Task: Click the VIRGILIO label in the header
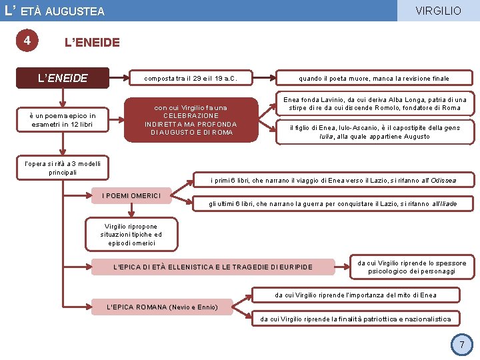437,11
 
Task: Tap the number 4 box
27,41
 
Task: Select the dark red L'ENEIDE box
63,78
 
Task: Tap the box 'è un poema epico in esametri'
63,120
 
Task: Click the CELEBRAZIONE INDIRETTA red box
191,120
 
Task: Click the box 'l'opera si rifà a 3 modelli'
63,167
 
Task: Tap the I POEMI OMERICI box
132,195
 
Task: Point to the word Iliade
443,203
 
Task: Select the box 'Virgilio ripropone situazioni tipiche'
132,234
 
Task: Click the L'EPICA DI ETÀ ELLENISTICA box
213,267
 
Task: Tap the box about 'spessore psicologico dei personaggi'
411,267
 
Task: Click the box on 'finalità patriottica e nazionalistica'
355,319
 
